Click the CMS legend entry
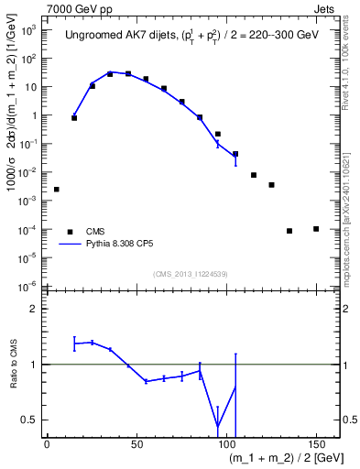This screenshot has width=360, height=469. point(96,232)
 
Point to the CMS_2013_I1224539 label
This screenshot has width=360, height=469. point(189,273)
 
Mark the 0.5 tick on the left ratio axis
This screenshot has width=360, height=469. point(32,420)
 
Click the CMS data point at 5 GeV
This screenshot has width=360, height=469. point(57,190)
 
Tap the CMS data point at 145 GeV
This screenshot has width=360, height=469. point(316,229)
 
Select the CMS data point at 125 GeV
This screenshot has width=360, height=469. point(271,185)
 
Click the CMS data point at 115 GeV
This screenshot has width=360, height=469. point(254,175)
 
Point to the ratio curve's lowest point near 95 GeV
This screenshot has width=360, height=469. point(218,426)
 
